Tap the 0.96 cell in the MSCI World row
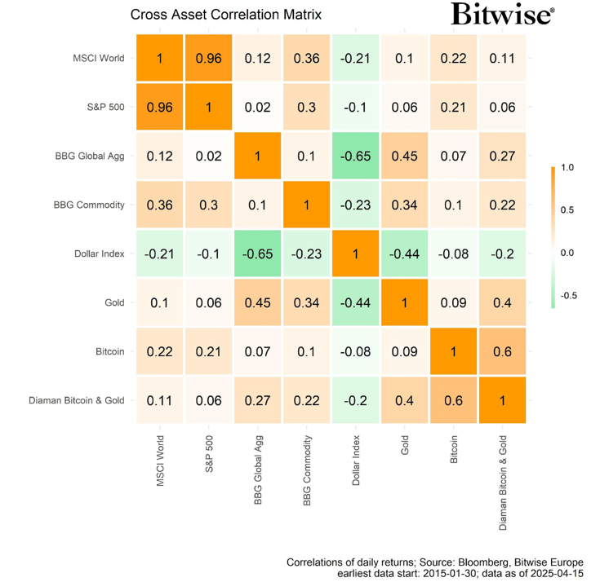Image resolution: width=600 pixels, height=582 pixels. coord(209,59)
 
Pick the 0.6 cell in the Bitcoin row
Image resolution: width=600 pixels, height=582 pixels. coord(504,351)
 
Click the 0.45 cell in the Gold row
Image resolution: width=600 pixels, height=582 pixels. coord(258,302)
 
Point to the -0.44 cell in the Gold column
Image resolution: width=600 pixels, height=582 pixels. coord(406,253)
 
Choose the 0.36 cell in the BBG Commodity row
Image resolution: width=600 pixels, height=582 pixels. coord(160,205)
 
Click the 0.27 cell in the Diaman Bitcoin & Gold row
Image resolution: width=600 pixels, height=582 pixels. coord(258,400)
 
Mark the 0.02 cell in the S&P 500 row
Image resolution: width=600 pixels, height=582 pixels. coord(258,107)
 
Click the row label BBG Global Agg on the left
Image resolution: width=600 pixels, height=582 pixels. coord(90,156)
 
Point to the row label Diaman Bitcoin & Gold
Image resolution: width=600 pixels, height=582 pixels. coord(77,400)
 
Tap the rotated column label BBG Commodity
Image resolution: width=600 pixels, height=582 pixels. coord(308,470)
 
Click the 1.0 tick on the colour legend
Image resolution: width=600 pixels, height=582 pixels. coord(568,169)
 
